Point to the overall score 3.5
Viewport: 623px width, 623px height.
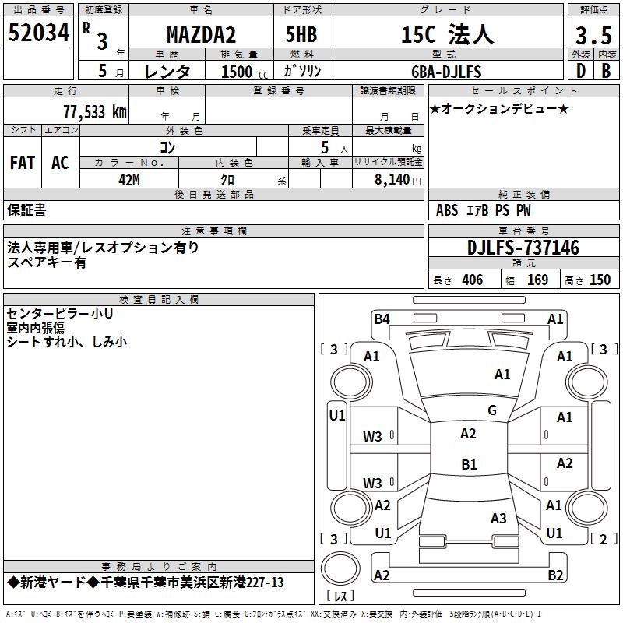click(593, 35)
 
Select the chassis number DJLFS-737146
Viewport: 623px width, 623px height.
click(523, 248)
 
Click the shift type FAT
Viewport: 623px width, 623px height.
click(23, 163)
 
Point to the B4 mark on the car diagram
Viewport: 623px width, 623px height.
click(382, 319)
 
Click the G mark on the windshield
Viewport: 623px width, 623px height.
click(491, 410)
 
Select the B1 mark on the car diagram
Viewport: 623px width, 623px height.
click(469, 465)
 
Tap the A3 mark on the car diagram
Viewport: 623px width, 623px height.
click(498, 518)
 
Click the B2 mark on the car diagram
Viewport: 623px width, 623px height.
click(555, 575)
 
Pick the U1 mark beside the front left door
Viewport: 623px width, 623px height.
click(337, 416)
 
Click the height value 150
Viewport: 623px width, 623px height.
click(600, 280)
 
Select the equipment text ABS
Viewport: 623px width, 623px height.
click(447, 210)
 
